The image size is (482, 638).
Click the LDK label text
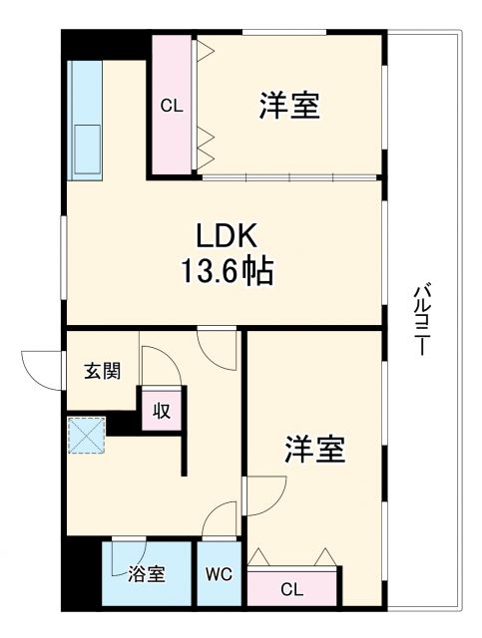point(227,236)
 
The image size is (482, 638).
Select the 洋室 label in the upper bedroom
point(290,106)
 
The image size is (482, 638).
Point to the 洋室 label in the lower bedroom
point(315,451)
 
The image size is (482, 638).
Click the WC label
point(220,575)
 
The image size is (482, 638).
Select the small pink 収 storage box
point(161,410)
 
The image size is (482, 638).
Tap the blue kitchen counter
point(83,120)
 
